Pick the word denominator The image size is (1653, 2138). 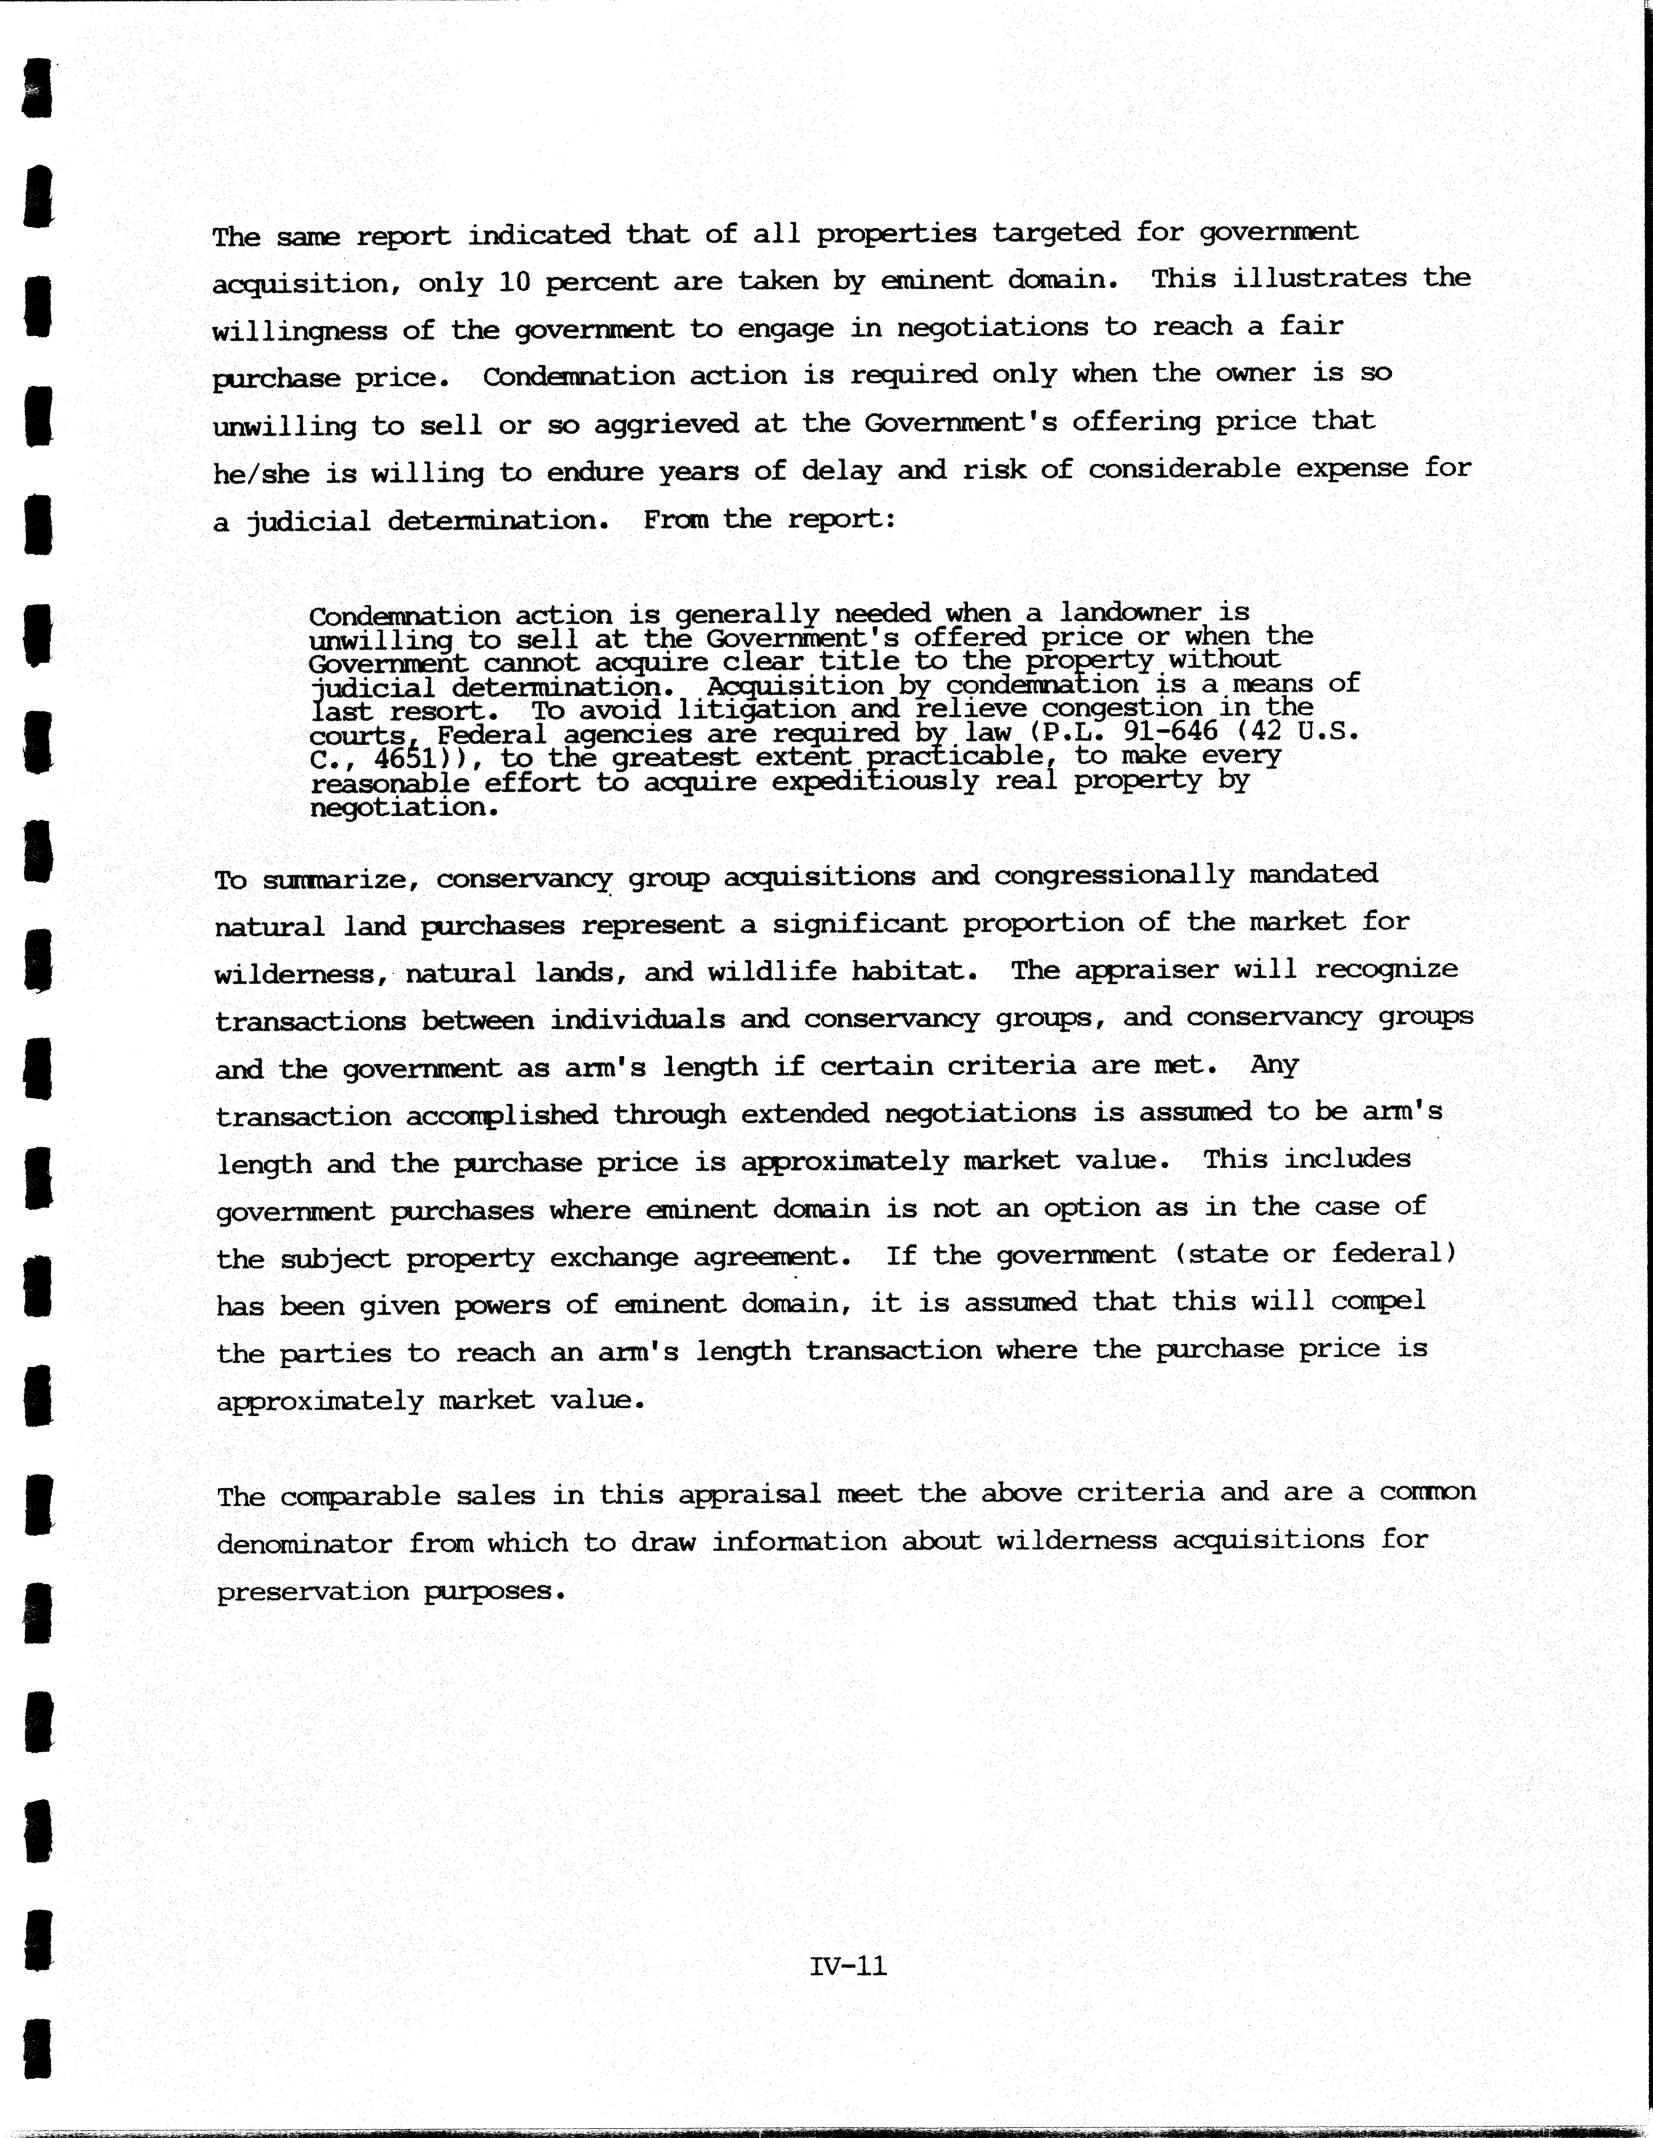click(x=303, y=1544)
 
